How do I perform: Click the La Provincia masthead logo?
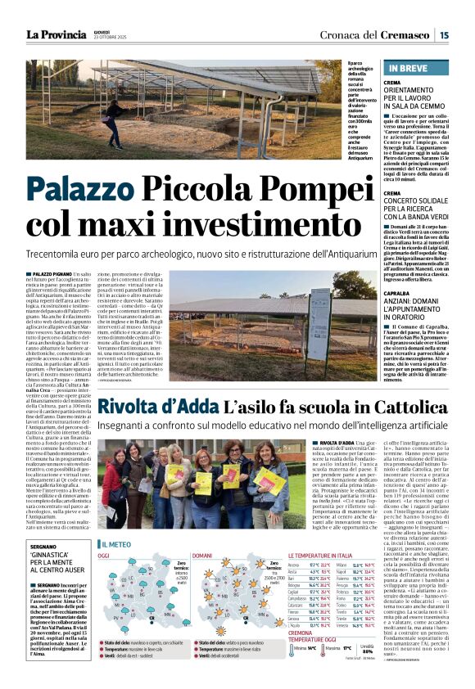point(57,35)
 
